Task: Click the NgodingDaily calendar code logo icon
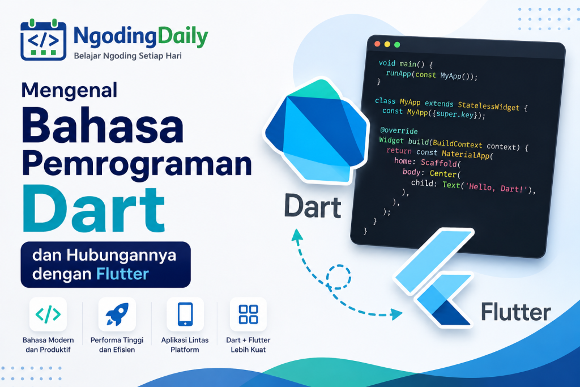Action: [x=43, y=39]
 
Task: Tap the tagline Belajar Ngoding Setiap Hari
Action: [x=127, y=56]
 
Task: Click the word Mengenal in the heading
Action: [x=69, y=91]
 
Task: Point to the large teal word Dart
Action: [x=93, y=209]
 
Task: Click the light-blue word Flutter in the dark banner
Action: [x=122, y=274]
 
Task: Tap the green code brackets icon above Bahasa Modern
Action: [x=48, y=314]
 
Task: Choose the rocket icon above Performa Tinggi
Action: [x=117, y=314]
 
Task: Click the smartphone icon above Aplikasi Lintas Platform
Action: [x=185, y=314]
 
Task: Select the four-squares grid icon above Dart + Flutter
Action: [x=248, y=314]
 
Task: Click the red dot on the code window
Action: [x=377, y=44]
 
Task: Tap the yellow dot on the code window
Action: [x=387, y=44]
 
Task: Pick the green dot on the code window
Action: [x=397, y=45]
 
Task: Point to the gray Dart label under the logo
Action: [x=313, y=206]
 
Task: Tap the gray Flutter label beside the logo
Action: [x=516, y=312]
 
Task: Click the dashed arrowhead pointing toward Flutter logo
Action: [x=397, y=314]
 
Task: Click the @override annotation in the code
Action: [x=399, y=130]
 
